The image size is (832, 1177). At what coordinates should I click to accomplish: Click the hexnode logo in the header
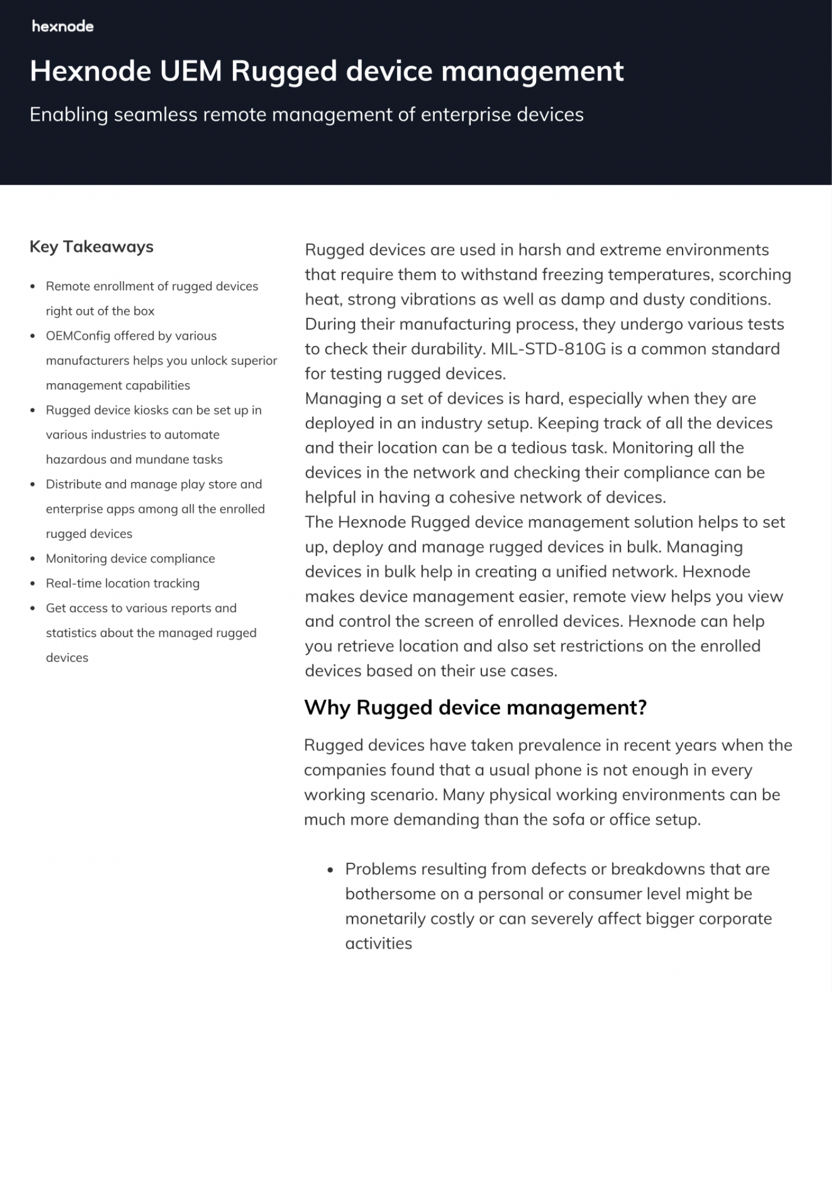click(x=62, y=26)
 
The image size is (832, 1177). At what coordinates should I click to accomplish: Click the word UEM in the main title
click(x=191, y=71)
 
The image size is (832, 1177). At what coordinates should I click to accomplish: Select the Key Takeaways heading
click(x=91, y=247)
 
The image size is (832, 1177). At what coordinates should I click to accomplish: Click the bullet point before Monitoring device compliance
click(x=33, y=559)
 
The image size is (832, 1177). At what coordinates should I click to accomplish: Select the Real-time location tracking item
click(x=122, y=583)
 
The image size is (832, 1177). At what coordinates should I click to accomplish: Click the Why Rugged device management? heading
click(x=475, y=707)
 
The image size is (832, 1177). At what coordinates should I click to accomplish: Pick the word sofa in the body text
click(x=568, y=820)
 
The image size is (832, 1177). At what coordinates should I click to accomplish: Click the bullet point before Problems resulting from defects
click(x=331, y=870)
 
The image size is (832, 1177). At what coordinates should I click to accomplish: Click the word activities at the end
click(x=378, y=944)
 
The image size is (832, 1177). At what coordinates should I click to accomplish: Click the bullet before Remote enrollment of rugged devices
click(x=33, y=287)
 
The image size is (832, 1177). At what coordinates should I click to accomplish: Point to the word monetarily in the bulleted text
click(x=385, y=919)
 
